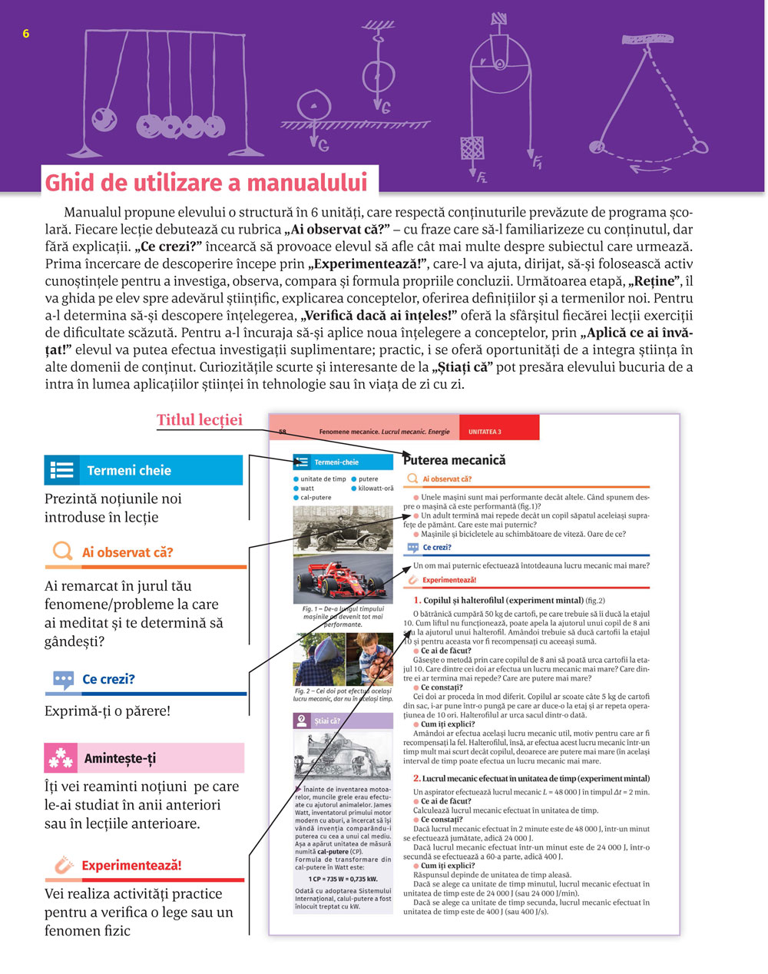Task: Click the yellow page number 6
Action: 26,34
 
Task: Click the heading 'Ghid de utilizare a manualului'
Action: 206,183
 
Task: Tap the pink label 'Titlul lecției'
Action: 200,419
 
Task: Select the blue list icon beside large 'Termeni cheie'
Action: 62,470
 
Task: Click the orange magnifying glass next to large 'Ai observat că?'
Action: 61,552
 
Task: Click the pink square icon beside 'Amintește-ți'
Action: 61,758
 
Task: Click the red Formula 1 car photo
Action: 343,579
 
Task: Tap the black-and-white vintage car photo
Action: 343,529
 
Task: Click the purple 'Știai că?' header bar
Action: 343,721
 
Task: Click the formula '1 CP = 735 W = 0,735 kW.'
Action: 343,879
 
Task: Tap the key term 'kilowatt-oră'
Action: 376,488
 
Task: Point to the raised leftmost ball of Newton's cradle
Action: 104,120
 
